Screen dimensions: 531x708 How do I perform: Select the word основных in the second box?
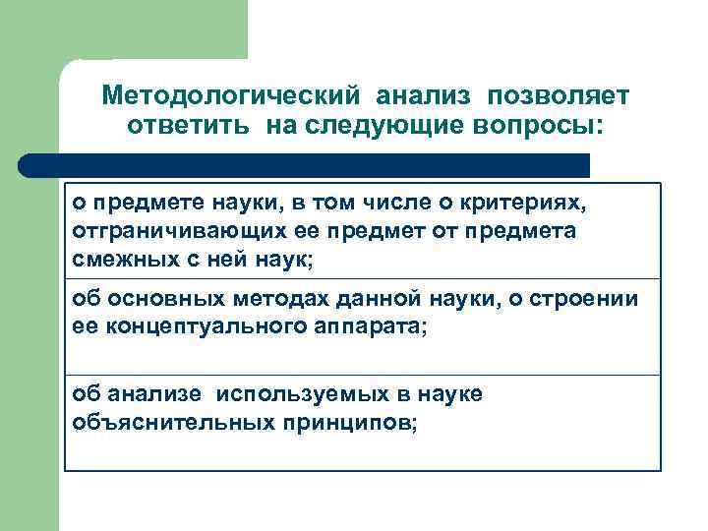click(x=154, y=298)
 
